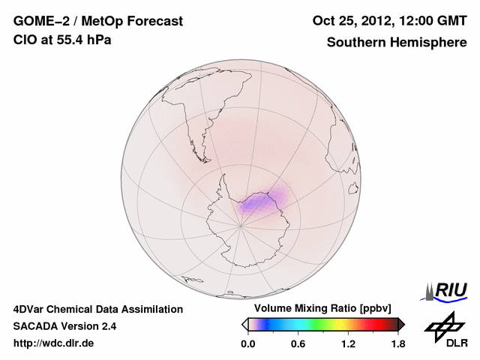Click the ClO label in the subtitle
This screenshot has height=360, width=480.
(x=25, y=40)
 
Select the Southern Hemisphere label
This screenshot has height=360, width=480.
(x=396, y=42)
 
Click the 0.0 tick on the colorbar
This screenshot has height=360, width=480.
(x=248, y=344)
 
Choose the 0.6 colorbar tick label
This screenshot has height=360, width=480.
(x=298, y=344)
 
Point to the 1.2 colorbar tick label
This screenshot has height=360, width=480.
(x=348, y=344)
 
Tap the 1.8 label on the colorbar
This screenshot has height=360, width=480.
(x=397, y=344)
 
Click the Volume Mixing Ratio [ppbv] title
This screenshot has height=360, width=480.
(x=319, y=309)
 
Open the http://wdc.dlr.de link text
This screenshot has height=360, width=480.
(x=54, y=343)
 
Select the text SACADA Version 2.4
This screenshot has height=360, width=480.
(x=64, y=326)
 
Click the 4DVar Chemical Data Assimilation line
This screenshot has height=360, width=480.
(x=97, y=309)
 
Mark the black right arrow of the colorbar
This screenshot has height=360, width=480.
(x=401, y=324)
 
